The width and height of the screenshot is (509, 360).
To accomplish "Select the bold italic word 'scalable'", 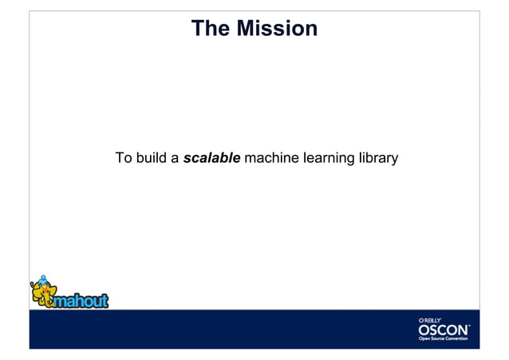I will [211, 158].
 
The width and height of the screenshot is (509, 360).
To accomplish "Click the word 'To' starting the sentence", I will [124, 158].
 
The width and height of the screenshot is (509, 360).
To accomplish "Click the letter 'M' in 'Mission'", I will [249, 30].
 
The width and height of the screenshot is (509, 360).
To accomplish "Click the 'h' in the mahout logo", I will [81, 299].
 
